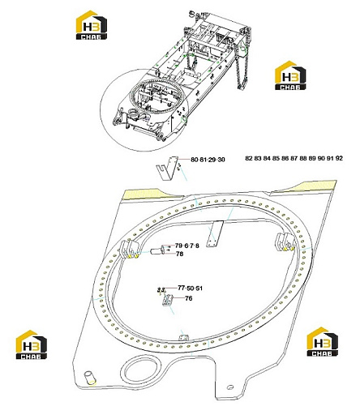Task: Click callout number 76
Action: pos(189,298)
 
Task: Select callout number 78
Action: pos(179,254)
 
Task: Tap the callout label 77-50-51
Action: pos(190,288)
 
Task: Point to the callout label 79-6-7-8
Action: pos(187,246)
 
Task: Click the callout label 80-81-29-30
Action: pos(208,160)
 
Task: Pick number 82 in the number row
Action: pos(249,158)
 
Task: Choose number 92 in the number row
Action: pos(339,158)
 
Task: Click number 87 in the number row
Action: pos(294,158)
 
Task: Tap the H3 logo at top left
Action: pos(92,25)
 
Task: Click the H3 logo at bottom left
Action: pos(32,344)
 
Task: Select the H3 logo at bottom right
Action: pos(322,341)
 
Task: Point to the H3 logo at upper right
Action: pos(290,75)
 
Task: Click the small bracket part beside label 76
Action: pos(168,300)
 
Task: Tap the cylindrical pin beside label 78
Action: pos(157,251)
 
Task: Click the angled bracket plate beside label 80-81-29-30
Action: pos(167,169)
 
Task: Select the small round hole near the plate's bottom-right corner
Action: pos(229,387)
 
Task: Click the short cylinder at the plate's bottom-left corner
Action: pos(89,378)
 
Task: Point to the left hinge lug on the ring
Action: pos(129,249)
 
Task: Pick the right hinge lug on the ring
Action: pos(285,241)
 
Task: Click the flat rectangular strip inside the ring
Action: pos(215,233)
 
